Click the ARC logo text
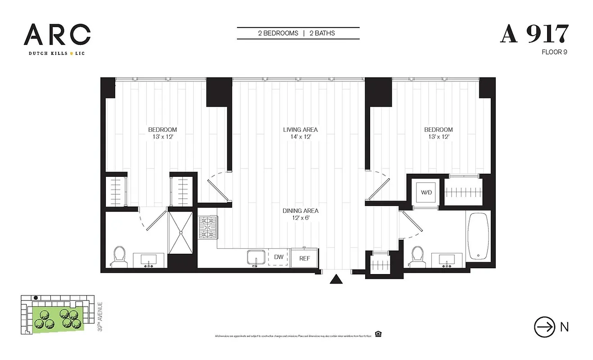pyautogui.click(x=57, y=35)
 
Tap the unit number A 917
pyautogui.click(x=534, y=34)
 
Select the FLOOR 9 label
pyautogui.click(x=554, y=52)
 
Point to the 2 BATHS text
pyautogui.click(x=322, y=33)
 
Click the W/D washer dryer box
pyautogui.click(x=426, y=193)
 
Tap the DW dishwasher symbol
pyautogui.click(x=278, y=257)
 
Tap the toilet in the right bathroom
pyautogui.click(x=417, y=256)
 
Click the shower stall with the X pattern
pyautogui.click(x=181, y=232)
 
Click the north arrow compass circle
pyautogui.click(x=544, y=327)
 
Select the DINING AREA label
pyautogui.click(x=300, y=211)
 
